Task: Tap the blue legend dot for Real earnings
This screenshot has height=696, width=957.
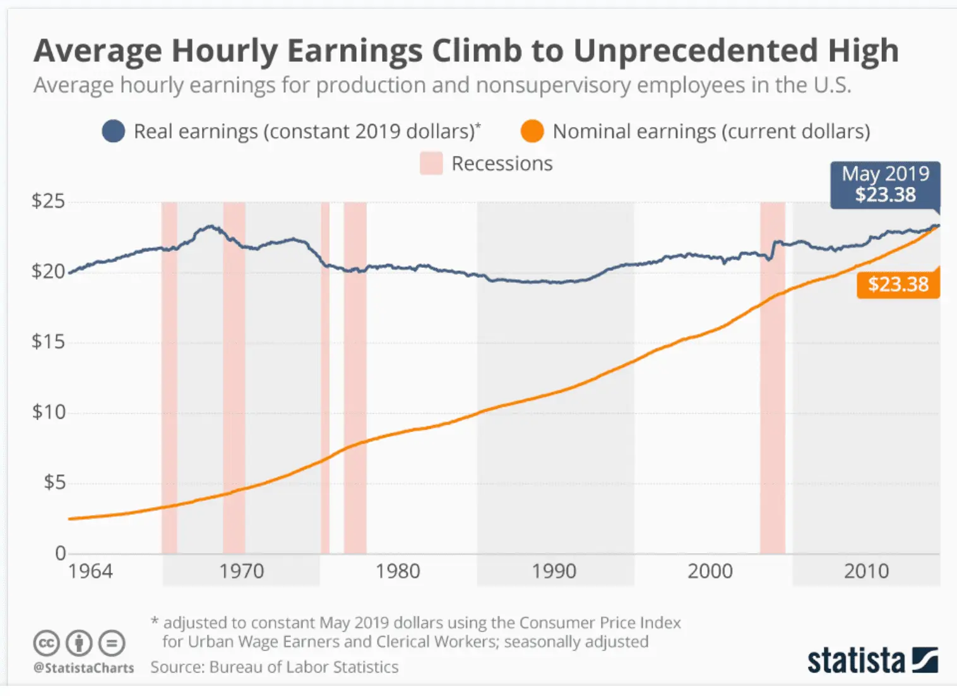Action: pyautogui.click(x=114, y=131)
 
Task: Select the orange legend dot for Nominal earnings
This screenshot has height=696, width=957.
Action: pyautogui.click(x=532, y=131)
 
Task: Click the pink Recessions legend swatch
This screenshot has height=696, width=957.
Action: pyautogui.click(x=431, y=164)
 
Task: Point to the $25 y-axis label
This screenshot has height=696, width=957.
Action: pyautogui.click(x=49, y=201)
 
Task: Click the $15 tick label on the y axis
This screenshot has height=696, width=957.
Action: pyautogui.click(x=49, y=342)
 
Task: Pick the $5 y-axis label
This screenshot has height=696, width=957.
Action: pyautogui.click(x=54, y=483)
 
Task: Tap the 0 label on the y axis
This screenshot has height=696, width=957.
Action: pyautogui.click(x=61, y=553)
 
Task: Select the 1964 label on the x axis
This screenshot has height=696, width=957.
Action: pyautogui.click(x=90, y=572)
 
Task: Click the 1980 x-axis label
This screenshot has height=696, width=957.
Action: pyautogui.click(x=398, y=572)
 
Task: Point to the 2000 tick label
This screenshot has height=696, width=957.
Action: pyautogui.click(x=710, y=572)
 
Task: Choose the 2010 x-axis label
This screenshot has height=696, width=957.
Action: pyautogui.click(x=866, y=572)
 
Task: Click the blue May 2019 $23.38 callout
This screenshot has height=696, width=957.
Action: pyautogui.click(x=885, y=184)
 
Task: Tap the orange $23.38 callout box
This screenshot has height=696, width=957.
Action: pyautogui.click(x=898, y=284)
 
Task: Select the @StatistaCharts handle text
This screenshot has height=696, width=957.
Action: pyautogui.click(x=84, y=668)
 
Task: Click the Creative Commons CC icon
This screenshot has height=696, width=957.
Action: pyautogui.click(x=46, y=643)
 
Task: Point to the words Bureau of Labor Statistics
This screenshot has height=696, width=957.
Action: pyautogui.click(x=304, y=667)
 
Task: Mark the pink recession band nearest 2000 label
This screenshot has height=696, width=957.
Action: pyautogui.click(x=772, y=379)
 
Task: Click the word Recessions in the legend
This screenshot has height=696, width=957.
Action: pyautogui.click(x=502, y=164)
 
